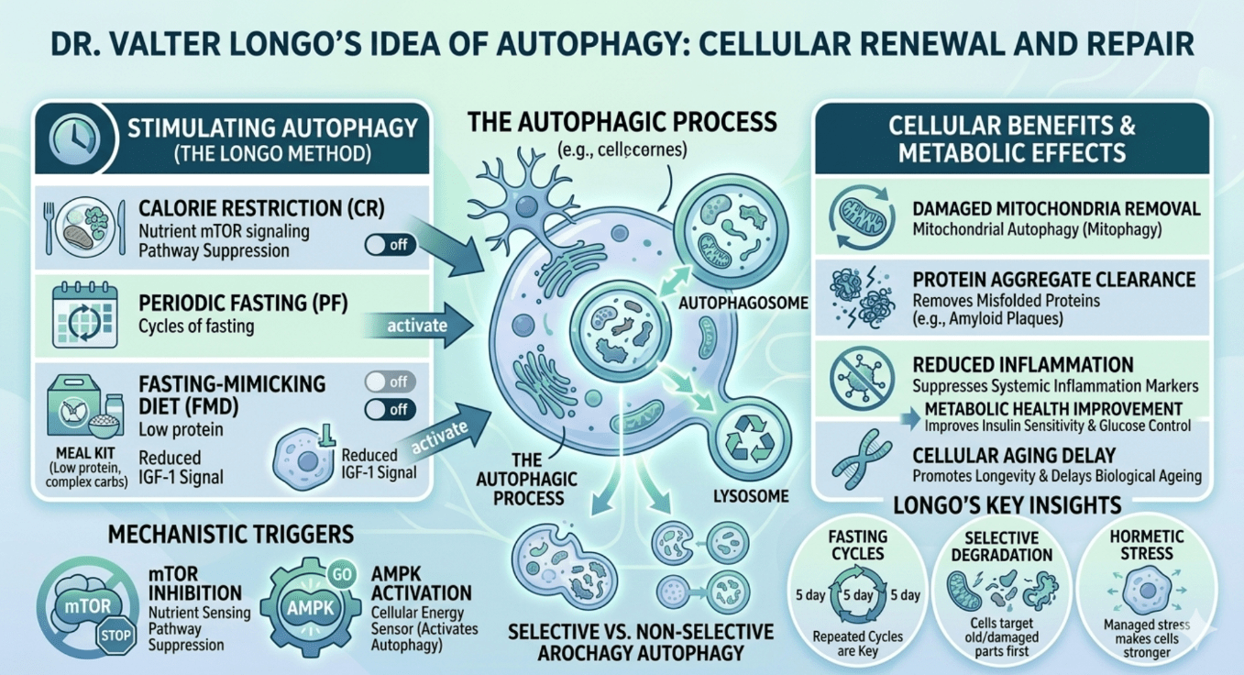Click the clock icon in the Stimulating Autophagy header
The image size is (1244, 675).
click(74, 138)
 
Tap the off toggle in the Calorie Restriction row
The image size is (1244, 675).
click(390, 245)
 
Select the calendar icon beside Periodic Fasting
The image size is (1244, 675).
click(84, 315)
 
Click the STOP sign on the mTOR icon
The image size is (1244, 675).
click(116, 635)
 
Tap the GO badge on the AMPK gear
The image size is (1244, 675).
click(341, 574)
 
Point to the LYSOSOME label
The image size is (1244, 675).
click(751, 496)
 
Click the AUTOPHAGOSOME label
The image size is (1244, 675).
click(743, 303)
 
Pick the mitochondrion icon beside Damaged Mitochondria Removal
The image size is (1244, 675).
click(862, 216)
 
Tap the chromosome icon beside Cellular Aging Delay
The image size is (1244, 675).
click(862, 459)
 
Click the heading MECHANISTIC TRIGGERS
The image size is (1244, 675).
click(230, 535)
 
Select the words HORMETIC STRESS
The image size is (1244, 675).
click(1147, 545)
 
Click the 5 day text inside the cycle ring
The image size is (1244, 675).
click(858, 595)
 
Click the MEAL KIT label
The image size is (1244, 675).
click(85, 453)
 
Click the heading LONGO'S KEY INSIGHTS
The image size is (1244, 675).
click(1007, 505)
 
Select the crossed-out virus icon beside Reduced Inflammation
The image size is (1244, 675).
click(862, 379)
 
